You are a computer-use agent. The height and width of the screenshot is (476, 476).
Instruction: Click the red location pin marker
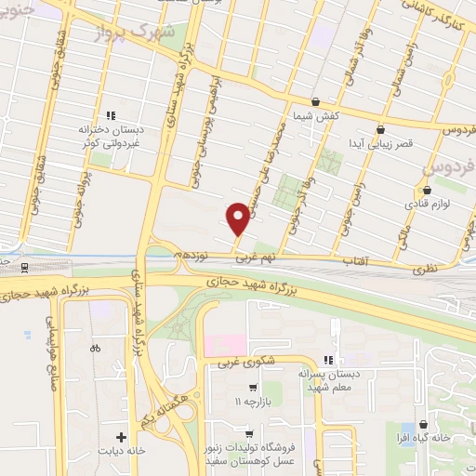point(238,218)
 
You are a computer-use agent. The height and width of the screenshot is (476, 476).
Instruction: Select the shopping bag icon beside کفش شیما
point(315,102)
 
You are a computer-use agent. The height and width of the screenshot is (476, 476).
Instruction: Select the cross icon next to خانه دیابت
point(121,435)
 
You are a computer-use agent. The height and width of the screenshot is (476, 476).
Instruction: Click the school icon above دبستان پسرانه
point(328,360)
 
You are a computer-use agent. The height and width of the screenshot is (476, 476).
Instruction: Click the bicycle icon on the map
point(94,349)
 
